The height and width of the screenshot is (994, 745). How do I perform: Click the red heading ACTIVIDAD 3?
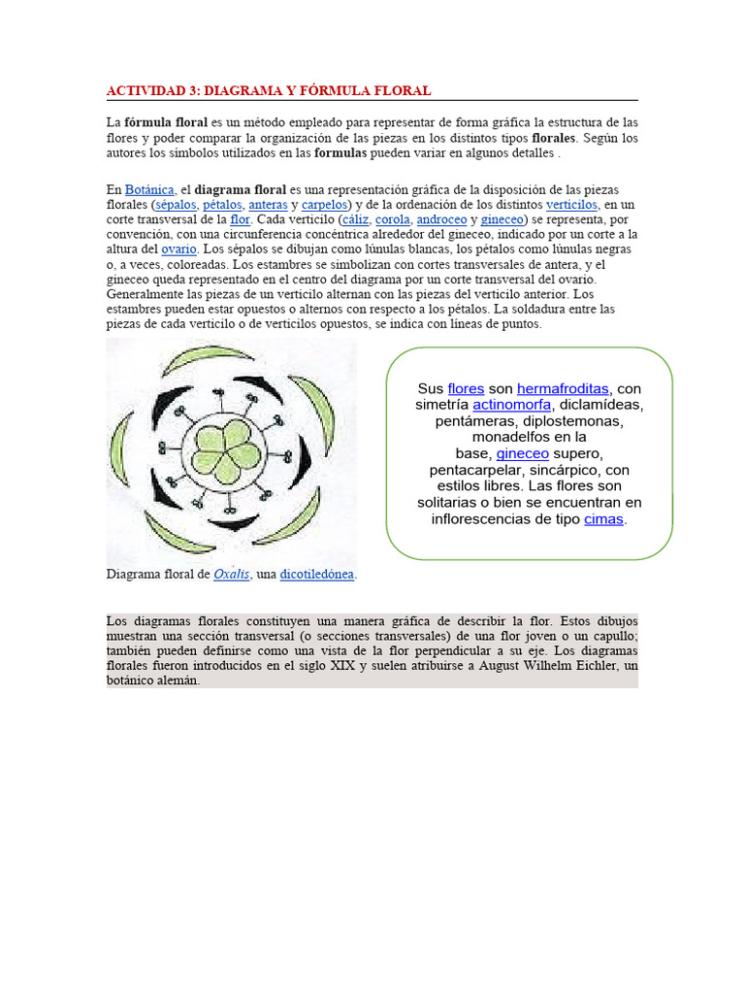[268, 90]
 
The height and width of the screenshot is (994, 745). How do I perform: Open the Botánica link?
[149, 189]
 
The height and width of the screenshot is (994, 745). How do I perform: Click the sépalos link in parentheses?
[176, 205]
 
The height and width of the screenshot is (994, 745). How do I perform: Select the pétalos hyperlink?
[222, 205]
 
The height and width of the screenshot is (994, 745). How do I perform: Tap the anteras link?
[268, 205]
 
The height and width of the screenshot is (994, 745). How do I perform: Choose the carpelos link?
[325, 205]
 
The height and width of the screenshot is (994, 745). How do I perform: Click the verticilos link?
[571, 205]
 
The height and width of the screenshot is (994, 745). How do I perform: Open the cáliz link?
[354, 219]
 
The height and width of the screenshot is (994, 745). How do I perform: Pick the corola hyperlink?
[393, 219]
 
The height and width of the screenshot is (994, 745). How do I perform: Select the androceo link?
[441, 219]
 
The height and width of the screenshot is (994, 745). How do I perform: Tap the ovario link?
[178, 249]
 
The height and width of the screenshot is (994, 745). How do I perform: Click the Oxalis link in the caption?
[232, 575]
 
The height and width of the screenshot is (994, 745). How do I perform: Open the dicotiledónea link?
[317, 575]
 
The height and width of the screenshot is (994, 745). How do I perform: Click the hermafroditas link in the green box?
[563, 389]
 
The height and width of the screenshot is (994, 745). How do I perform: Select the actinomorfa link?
[512, 405]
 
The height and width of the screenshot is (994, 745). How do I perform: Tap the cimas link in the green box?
[604, 519]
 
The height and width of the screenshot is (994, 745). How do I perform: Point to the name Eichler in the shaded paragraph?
[599, 666]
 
